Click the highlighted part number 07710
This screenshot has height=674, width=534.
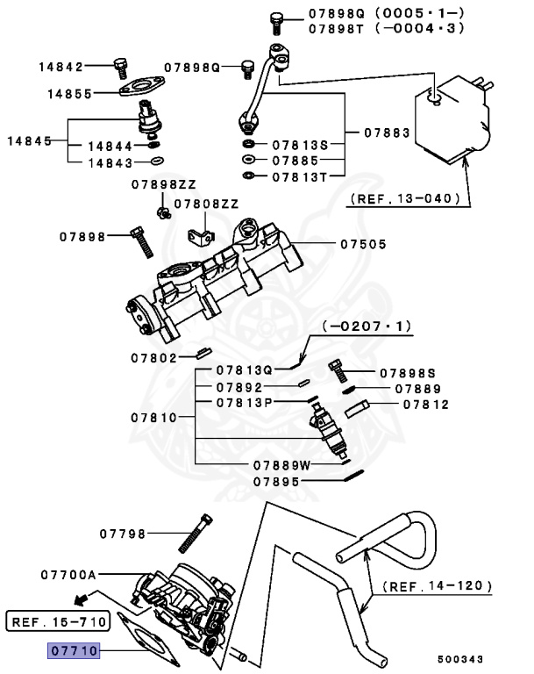tap(75, 651)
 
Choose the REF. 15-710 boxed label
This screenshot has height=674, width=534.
tap(56, 623)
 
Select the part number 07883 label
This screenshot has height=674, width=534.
tap(387, 133)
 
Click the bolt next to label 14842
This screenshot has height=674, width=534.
tap(120, 65)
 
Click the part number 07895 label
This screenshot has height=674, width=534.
tap(280, 481)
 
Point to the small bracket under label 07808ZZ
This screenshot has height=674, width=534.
tap(203, 237)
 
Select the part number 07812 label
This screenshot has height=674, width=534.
tap(426, 405)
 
